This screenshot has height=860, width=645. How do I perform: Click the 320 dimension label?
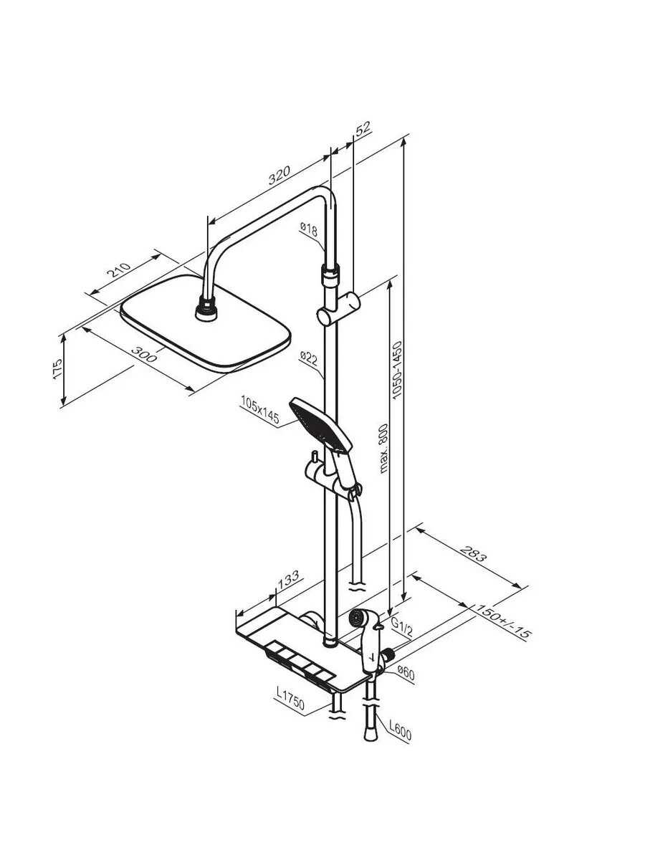pyautogui.click(x=279, y=175)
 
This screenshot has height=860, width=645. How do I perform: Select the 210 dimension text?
pyautogui.click(x=120, y=269)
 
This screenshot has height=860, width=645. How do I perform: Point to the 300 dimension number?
pyautogui.click(x=144, y=355)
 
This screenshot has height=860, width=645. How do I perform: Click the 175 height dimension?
pyautogui.click(x=57, y=368)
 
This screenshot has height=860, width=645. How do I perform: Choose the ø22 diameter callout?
pyautogui.click(x=309, y=358)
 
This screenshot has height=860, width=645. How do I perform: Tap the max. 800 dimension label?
pyautogui.click(x=384, y=448)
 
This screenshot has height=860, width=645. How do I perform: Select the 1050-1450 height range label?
pyautogui.click(x=398, y=370)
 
